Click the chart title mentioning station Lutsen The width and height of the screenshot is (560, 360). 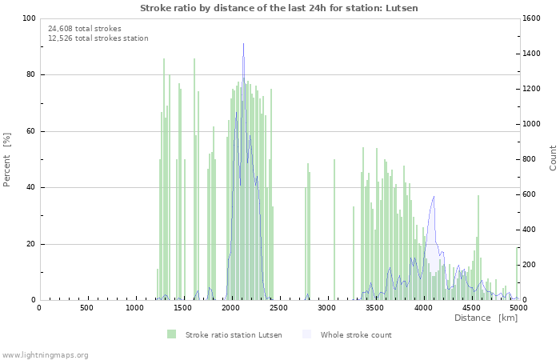(x=279, y=8)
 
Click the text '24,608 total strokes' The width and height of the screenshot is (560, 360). (x=85, y=29)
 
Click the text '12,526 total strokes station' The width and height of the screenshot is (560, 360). (x=98, y=38)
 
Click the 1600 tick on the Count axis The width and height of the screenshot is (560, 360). (x=536, y=18)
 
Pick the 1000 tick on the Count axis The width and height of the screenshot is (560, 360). (x=536, y=124)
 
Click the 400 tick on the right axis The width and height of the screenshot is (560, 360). (x=534, y=230)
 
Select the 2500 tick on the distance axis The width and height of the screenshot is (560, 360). (x=279, y=307)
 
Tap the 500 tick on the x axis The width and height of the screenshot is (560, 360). (x=86, y=307)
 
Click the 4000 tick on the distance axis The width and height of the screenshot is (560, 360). (x=423, y=307)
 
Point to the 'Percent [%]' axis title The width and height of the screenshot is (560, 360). (x=7, y=159)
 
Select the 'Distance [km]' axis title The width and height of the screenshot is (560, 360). (x=486, y=318)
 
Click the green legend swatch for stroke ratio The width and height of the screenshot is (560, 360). (x=171, y=334)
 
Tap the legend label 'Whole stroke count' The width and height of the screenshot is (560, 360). (x=356, y=334)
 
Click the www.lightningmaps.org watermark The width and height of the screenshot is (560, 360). (x=45, y=354)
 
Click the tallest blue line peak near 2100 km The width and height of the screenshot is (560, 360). (x=244, y=44)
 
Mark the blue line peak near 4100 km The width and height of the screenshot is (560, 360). (x=434, y=196)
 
